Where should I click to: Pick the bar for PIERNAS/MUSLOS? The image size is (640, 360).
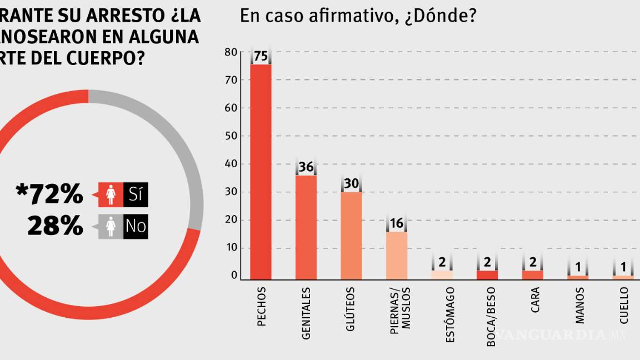pos(397,254)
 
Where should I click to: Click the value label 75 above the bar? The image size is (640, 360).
pos(261,57)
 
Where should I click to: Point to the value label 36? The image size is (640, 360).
pos(306,167)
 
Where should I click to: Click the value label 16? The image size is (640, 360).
pos(397,224)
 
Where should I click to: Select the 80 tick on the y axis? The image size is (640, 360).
pos(231,52)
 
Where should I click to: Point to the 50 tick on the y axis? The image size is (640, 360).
pos(231,136)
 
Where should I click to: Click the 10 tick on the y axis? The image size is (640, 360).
pos(231,248)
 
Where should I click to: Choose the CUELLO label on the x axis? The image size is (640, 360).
pos(624,305)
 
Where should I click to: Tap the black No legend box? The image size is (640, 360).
pos(136,227)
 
